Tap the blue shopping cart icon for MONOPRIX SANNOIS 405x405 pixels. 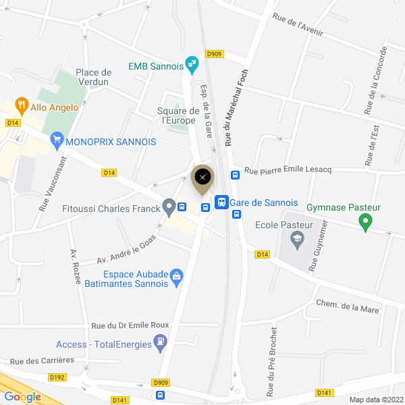point(57,142)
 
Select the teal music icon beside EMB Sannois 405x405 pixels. point(192,65)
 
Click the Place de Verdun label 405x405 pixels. point(94,77)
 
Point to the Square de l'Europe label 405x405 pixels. point(178,115)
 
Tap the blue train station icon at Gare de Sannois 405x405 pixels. point(221,202)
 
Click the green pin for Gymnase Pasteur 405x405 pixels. point(365,221)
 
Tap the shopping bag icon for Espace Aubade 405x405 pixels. point(176,275)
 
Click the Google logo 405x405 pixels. point(22,397)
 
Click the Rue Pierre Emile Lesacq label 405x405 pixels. point(288,170)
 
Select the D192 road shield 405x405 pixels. point(57,377)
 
